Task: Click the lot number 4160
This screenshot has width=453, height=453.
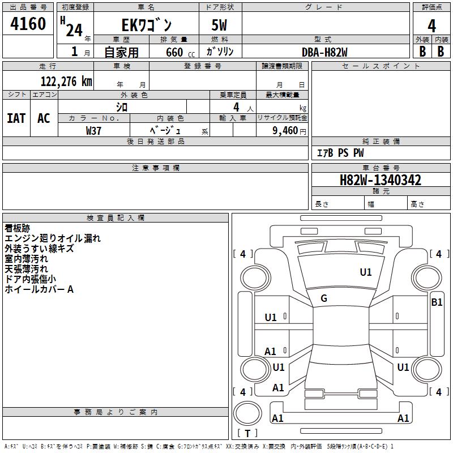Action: point(28,24)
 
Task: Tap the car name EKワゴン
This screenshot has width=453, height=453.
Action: point(147,25)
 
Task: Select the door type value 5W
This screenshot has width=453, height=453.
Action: point(220,25)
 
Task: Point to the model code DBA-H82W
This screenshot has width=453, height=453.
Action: point(324,52)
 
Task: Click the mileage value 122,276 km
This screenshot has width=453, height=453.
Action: point(66,81)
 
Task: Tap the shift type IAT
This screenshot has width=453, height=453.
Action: point(16,118)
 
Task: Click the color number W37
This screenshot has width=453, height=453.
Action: point(93,130)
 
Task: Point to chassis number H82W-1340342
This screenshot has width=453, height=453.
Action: point(380,181)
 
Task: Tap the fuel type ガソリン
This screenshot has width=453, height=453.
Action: point(220,52)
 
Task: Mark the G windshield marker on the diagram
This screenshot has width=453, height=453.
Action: point(324,298)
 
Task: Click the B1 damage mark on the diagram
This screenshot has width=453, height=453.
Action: point(437,302)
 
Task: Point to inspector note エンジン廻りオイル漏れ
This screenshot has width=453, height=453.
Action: point(53,238)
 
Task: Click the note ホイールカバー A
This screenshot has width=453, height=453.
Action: point(39,289)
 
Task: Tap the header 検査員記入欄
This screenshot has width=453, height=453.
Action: point(116,218)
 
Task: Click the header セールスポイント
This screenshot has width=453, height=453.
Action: point(381,66)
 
